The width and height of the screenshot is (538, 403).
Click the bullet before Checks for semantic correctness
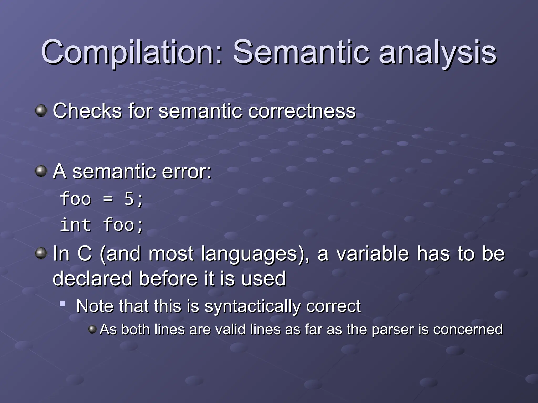point(41,110)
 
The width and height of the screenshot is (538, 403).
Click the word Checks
point(87,111)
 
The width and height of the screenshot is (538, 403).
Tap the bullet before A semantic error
point(41,171)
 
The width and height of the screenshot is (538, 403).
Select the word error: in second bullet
point(187,172)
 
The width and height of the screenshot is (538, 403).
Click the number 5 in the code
point(129,199)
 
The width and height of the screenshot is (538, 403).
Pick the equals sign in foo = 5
point(108,199)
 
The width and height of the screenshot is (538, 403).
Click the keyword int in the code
point(75,225)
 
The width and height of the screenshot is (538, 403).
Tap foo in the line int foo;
point(119,225)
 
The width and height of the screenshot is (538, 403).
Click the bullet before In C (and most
point(41,253)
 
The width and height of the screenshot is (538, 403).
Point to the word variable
point(373,254)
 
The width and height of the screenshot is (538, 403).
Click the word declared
point(92,278)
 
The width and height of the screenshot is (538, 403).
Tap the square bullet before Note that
point(63,304)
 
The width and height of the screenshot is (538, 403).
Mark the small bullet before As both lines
point(92,329)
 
